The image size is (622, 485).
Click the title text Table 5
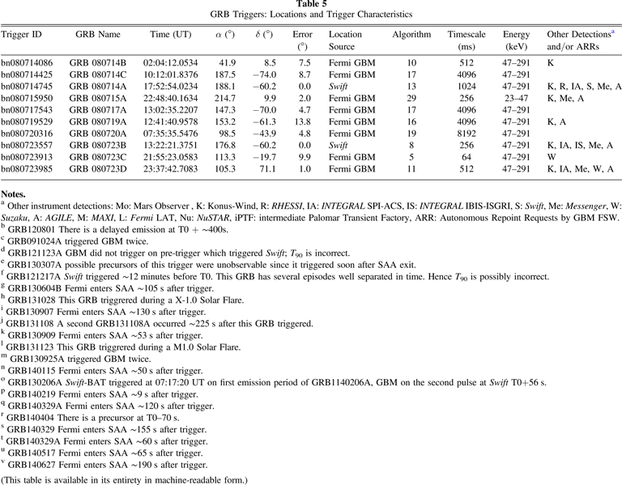[x=311, y=4]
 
